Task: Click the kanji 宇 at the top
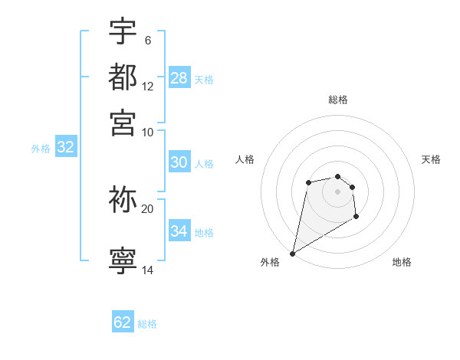[123, 31]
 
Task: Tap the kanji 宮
[123, 122]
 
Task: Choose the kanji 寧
[123, 261]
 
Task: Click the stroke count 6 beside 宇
[147, 41]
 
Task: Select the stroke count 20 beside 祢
[147, 208]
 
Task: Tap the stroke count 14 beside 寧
[147, 270]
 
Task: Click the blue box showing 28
[179, 77]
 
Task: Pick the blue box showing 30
[179, 162]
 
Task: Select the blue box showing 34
[179, 231]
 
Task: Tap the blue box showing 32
[65, 148]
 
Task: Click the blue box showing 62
[123, 322]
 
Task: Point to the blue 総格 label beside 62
[147, 324]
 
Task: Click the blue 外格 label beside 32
[40, 149]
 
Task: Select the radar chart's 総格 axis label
[337, 100]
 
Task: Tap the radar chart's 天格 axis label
[431, 159]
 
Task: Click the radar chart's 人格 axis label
[245, 159]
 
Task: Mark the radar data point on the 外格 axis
[292, 254]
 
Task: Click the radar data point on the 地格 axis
[356, 218]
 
